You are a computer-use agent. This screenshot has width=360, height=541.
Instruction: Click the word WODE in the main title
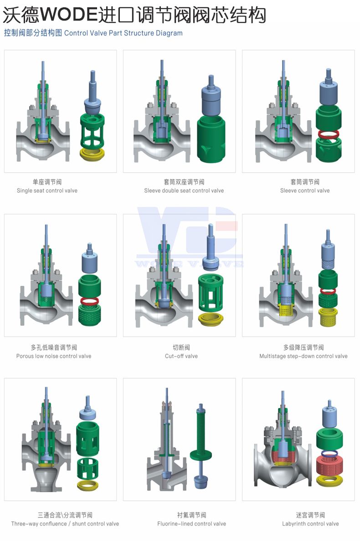(69, 15)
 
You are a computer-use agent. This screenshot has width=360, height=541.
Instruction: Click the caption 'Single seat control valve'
(47, 191)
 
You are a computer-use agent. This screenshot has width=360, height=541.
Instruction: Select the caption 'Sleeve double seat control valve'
(184, 191)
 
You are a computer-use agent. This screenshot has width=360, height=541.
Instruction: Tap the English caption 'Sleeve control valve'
(305, 191)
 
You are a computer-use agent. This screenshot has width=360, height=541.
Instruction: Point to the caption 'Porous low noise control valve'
(54, 356)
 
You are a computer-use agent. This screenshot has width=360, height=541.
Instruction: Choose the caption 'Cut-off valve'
(181, 356)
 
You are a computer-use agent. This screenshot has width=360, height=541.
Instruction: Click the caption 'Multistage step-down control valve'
(303, 356)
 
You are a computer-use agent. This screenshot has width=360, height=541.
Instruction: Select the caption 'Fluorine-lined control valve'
(192, 524)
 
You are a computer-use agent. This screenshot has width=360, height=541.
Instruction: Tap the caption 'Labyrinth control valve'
(310, 524)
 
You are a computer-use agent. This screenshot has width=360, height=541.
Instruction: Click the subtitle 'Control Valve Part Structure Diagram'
(123, 33)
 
